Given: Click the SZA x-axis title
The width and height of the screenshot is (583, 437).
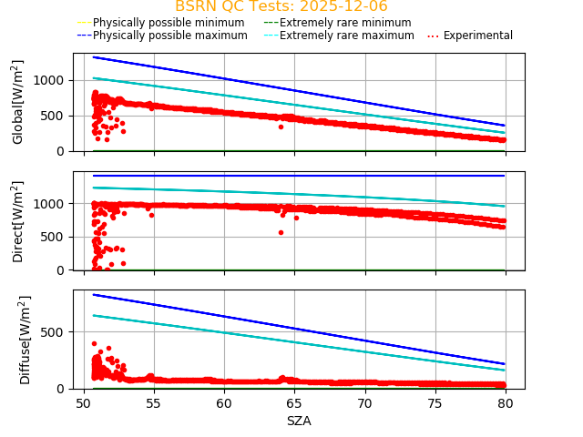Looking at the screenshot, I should point(299,421).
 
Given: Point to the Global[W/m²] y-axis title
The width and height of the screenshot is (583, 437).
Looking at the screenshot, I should point(18,102).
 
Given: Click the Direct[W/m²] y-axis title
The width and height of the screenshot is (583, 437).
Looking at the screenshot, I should point(18,221).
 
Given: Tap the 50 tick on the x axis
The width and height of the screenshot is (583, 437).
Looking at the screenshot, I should point(84,403).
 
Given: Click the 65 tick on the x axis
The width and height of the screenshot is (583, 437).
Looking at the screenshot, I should point(294,403).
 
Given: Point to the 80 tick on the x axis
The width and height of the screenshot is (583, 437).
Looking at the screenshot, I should point(506,403).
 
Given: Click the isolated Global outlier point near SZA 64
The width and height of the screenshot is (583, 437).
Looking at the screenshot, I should point(281,127).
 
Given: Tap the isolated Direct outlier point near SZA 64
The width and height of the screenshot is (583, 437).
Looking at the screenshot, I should point(281,232).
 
